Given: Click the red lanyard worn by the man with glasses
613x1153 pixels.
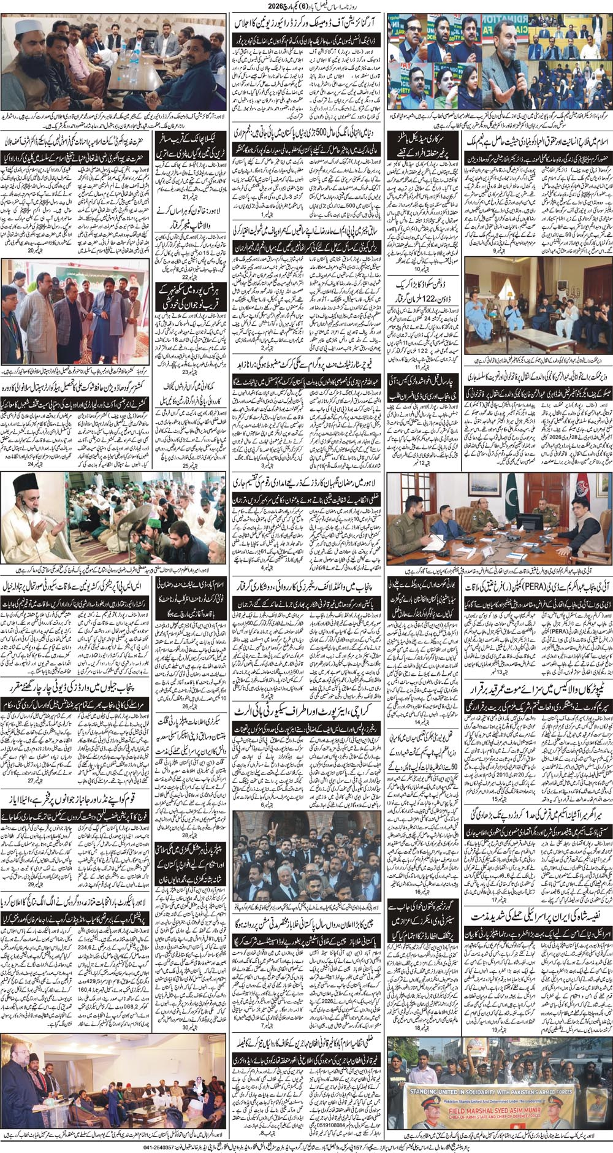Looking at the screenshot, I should coord(12,302).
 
